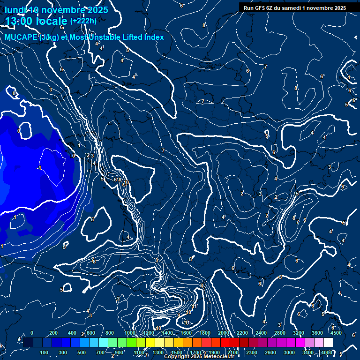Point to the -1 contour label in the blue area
coord(39,168)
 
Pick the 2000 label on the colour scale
coord(223,333)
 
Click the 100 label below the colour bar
coord(45,352)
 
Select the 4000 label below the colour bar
coord(326,352)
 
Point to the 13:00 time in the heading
coord(19,21)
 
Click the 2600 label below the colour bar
coord(270,352)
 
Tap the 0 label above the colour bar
coord(31,333)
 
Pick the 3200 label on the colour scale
coord(298,333)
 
